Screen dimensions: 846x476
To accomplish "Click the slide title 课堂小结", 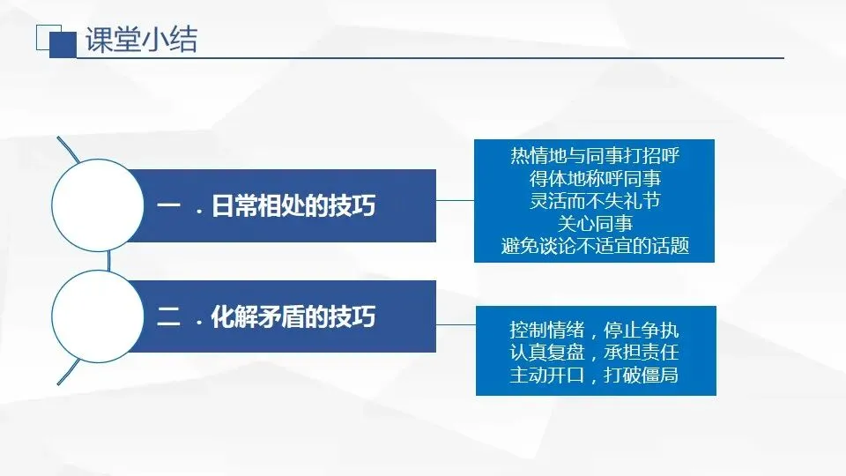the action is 141,40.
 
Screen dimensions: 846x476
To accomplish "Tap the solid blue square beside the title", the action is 63,45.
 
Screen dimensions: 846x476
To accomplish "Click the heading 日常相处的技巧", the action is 293,205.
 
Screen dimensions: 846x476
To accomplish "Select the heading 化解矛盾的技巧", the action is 293,316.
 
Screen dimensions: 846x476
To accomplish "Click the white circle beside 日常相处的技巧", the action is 98,205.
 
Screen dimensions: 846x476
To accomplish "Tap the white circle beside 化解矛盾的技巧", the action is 98,316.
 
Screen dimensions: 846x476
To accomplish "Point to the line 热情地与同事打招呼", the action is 595,156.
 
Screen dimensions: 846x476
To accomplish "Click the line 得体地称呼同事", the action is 595,179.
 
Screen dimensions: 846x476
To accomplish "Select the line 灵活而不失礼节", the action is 595,201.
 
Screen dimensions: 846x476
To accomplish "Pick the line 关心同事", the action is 595,223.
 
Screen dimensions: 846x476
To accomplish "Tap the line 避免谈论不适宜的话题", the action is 595,246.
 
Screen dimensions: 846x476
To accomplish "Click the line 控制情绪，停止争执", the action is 595,329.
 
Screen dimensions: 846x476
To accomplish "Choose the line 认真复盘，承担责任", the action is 595,352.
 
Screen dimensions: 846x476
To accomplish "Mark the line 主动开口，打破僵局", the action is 595,375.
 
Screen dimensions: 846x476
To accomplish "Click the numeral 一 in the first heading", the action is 168,205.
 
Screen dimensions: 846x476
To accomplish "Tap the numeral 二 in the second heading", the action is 168,316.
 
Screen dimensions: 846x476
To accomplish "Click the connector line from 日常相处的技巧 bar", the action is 455,200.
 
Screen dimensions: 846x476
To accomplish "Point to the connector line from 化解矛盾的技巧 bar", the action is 456,325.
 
